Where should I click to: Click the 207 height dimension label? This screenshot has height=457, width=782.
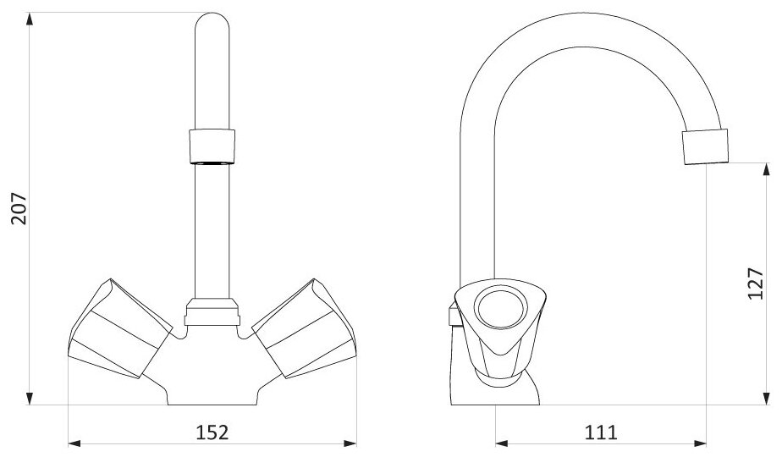[19, 208]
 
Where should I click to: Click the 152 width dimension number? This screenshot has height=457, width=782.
[212, 432]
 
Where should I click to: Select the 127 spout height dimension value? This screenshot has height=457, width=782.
[756, 284]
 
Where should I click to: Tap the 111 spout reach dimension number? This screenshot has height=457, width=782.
[601, 432]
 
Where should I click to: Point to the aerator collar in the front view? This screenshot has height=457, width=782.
[212, 146]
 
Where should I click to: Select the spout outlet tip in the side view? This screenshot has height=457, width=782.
[705, 146]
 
